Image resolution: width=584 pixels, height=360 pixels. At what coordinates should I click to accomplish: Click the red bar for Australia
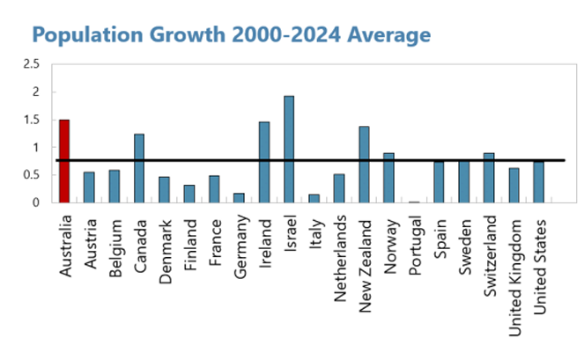tap(64, 161)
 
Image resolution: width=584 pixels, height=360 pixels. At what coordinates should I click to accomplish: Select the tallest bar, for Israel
tap(289, 150)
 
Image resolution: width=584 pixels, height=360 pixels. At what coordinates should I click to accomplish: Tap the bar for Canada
tap(139, 168)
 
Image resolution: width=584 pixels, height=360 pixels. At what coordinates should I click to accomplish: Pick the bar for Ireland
tap(264, 162)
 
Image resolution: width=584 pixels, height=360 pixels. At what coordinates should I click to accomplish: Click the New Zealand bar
tap(364, 165)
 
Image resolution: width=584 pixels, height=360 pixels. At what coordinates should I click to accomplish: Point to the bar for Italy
tap(314, 199)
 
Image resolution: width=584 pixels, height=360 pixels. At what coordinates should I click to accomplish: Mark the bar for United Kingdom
tap(514, 186)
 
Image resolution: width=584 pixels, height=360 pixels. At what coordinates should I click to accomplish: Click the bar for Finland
tap(189, 194)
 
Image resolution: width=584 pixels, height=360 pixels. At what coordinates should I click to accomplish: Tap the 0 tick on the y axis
tap(35, 202)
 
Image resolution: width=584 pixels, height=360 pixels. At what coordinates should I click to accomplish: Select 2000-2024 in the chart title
tap(282, 35)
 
